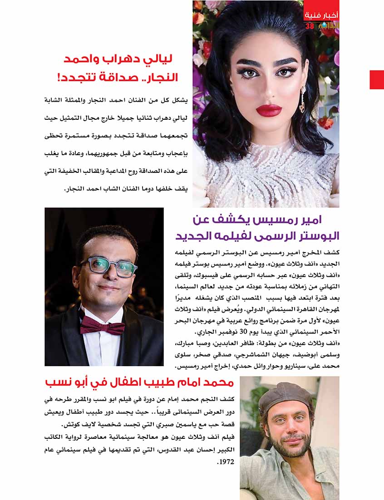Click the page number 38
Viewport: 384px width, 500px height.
[309, 26]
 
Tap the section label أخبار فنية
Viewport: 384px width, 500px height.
[321, 15]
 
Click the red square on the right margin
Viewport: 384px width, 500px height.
[377, 79]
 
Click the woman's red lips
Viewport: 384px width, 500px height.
[269, 110]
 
